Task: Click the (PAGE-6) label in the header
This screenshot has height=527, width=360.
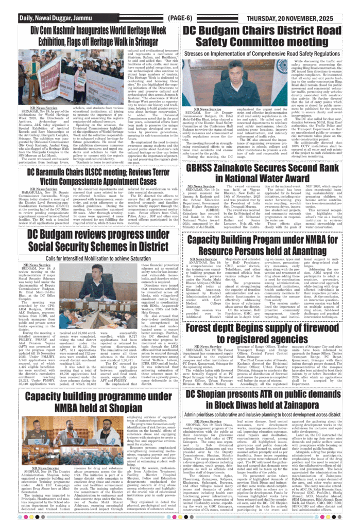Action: tap(180, 17)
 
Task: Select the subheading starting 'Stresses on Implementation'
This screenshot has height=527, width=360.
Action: tap(263, 53)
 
